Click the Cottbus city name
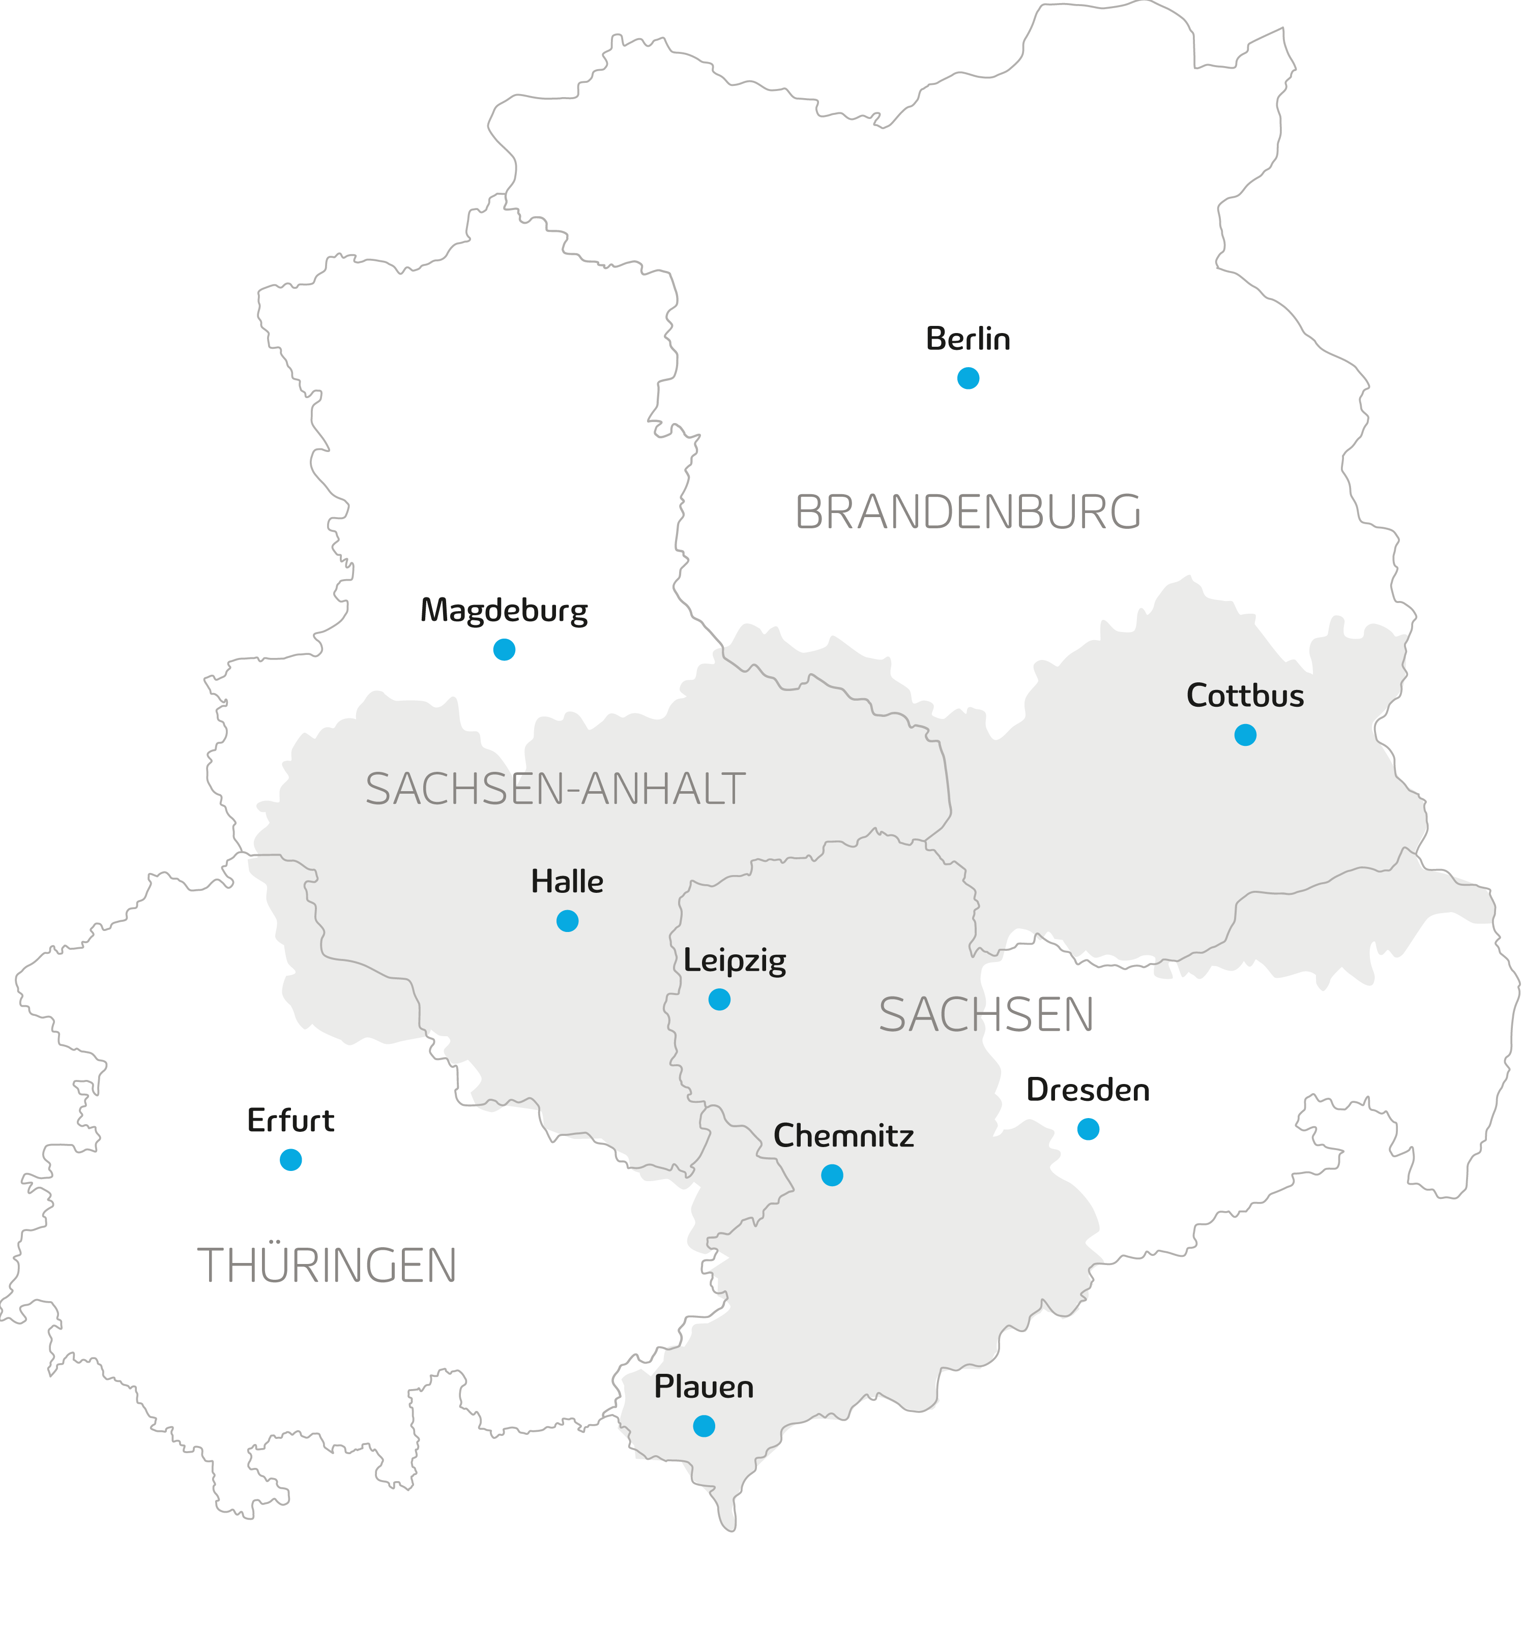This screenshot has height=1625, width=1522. pos(1245,696)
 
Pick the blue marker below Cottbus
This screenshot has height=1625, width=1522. pos(1245,735)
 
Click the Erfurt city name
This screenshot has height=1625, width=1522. pos(290,1121)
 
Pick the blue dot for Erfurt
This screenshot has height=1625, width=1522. pos(290,1159)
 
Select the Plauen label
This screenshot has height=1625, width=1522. pos(704,1387)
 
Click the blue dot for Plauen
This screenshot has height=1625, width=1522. pos(704,1426)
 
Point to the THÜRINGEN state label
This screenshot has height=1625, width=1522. pos(327,1266)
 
